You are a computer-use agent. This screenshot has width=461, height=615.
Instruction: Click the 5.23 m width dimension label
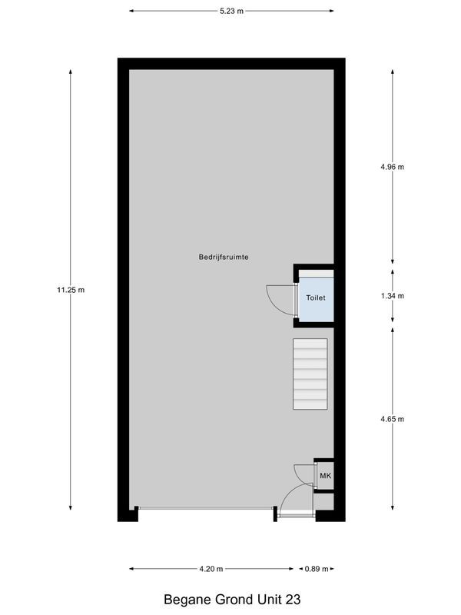[230, 12]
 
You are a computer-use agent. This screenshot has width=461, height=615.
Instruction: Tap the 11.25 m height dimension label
[70, 289]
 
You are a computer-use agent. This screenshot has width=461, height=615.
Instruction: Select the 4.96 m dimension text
[393, 167]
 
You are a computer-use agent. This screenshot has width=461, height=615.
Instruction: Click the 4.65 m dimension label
[393, 419]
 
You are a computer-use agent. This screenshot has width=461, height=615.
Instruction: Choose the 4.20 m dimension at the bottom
[211, 569]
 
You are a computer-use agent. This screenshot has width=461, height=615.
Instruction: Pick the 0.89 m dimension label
[316, 569]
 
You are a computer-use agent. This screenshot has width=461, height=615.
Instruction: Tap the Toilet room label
[316, 298]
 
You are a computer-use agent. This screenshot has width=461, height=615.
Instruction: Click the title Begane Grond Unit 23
[230, 597]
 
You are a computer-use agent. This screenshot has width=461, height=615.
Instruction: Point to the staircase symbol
[310, 374]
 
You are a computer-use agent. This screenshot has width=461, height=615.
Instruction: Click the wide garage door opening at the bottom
[205, 508]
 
